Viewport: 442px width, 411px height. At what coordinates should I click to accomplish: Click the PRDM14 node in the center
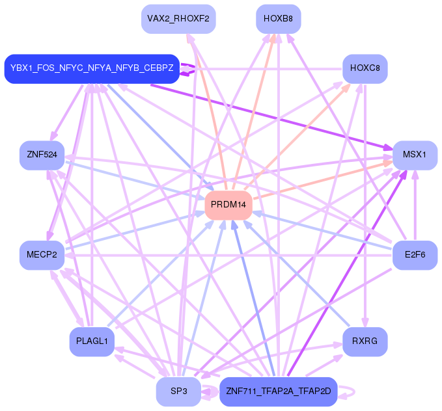pos(228,205)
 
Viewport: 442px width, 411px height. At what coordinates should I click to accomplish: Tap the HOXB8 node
pos(278,18)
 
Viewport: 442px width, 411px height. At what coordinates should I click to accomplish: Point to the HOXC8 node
pos(365,68)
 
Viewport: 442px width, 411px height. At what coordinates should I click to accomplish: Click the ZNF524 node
pos(42,155)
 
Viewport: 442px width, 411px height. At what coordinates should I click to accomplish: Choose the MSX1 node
pos(415,155)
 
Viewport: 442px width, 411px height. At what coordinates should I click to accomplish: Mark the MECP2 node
pos(42,255)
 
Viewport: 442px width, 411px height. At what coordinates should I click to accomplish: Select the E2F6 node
pos(415,255)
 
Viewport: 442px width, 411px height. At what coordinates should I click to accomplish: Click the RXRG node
pos(365,341)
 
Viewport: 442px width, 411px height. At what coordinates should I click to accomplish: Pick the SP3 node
pos(178,391)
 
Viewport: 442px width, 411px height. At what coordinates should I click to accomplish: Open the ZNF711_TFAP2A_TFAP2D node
pos(278,391)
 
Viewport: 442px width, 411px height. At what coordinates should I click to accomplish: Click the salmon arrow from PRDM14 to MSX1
pos(325,181)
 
